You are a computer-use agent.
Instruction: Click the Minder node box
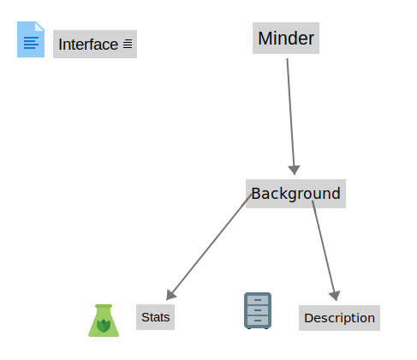click(286, 38)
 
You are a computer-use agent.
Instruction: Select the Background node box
click(295, 194)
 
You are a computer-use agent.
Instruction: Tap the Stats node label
click(155, 317)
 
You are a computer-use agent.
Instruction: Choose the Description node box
click(339, 318)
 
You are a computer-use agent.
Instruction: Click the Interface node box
click(95, 44)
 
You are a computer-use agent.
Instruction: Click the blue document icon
click(31, 39)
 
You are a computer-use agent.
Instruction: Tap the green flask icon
click(104, 321)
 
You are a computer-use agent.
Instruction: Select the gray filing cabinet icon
click(258, 310)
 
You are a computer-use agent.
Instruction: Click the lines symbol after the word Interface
click(128, 44)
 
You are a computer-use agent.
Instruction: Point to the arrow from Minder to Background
click(291, 117)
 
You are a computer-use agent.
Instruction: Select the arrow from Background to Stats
click(209, 247)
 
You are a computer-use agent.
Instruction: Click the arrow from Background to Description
click(325, 250)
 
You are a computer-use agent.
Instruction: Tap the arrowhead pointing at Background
click(294, 170)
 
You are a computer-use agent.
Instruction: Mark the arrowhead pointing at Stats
click(170, 295)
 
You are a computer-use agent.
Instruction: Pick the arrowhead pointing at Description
click(335, 296)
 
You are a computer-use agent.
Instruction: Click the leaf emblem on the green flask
click(104, 326)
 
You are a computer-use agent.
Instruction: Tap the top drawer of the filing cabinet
click(258, 300)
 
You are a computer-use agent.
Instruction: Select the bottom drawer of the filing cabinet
click(258, 321)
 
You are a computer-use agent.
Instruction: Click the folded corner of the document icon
click(39, 27)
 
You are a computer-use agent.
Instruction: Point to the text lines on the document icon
click(31, 43)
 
